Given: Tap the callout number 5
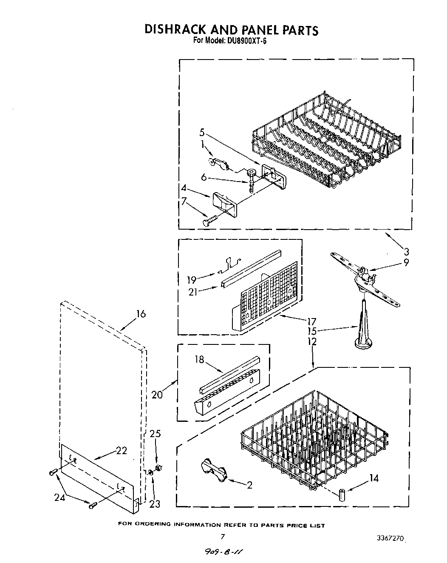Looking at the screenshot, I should [202, 132].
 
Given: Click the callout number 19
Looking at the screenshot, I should [192, 279].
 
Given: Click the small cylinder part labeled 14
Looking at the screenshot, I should [342, 495].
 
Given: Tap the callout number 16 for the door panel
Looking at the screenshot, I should [141, 314].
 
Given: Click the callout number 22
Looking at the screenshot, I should [122, 450].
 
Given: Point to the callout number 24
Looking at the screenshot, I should [60, 497].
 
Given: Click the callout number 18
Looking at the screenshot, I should [199, 360].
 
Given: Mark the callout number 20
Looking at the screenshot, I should [158, 395].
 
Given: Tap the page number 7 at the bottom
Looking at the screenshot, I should [222, 537].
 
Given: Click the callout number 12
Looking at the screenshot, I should [312, 341].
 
